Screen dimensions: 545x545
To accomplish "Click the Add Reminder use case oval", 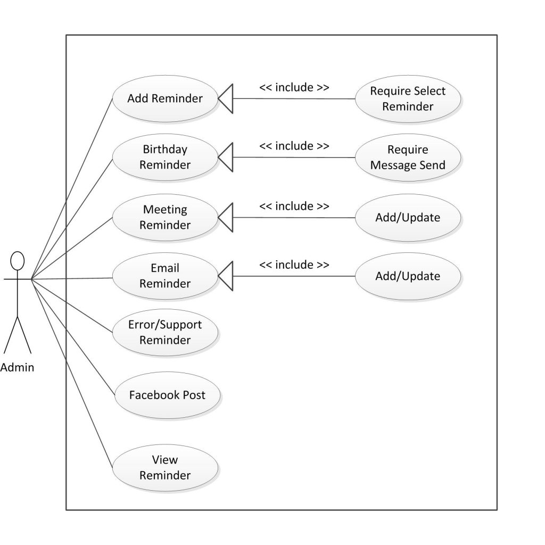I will pyautogui.click(x=165, y=98).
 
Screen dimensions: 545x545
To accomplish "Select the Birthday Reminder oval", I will pyautogui.click(x=165, y=157).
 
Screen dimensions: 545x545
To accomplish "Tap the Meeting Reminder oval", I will pyautogui.click(x=165, y=217).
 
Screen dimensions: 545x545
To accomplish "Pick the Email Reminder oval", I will pyautogui.click(x=165, y=276).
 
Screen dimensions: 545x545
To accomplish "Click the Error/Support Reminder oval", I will pyautogui.click(x=165, y=332).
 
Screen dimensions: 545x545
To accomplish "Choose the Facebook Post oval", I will pyautogui.click(x=167, y=395).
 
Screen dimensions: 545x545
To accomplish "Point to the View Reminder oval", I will pyautogui.click(x=165, y=467).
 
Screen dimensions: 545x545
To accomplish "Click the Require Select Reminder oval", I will pyautogui.click(x=408, y=98).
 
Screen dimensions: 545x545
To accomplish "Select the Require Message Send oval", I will pyautogui.click(x=408, y=158).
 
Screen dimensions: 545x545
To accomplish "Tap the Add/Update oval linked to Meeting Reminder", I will pyautogui.click(x=408, y=218).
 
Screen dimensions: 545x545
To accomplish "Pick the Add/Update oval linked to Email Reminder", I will pyautogui.click(x=408, y=276).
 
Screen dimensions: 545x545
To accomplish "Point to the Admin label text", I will pyautogui.click(x=18, y=367).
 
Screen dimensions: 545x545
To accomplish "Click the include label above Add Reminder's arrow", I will pyautogui.click(x=294, y=87).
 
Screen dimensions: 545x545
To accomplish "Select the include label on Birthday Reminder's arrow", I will pyautogui.click(x=294, y=146).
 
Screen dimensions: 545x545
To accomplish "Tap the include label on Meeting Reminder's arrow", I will pyautogui.click(x=294, y=206).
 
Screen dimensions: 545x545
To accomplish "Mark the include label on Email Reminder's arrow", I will pyautogui.click(x=294, y=265).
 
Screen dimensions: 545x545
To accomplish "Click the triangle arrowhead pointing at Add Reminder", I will pyautogui.click(x=226, y=98).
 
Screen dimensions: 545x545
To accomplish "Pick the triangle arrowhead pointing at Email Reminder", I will pyautogui.click(x=226, y=276).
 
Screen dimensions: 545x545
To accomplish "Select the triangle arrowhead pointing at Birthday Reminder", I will pyautogui.click(x=226, y=157).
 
